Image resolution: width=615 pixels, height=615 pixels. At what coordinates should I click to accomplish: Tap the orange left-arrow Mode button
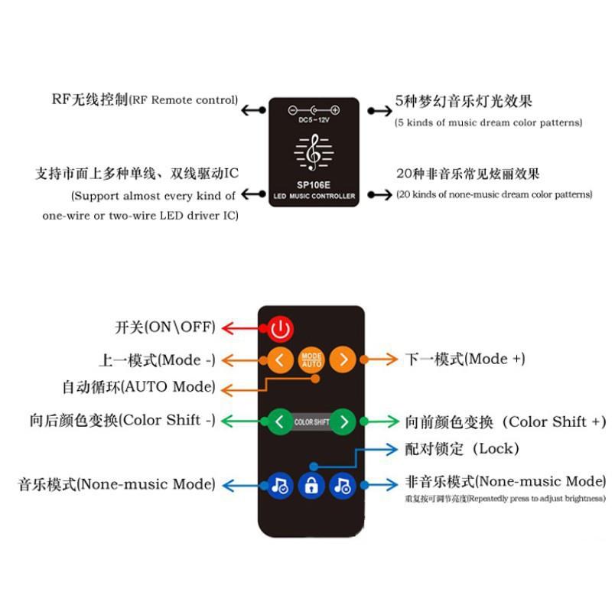281,360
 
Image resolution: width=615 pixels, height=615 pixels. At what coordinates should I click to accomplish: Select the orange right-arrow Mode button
343,360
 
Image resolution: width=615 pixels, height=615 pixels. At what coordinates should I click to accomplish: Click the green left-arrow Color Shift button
279,421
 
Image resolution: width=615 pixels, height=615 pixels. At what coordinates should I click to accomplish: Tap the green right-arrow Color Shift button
344,421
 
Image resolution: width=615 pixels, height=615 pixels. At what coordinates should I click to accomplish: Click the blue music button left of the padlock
281,485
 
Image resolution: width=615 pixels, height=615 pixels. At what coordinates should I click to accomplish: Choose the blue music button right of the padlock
342,485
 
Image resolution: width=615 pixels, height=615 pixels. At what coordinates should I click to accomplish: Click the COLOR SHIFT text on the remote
311,422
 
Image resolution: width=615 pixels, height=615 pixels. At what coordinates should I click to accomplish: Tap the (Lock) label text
496,449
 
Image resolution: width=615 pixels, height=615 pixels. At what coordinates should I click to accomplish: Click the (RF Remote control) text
184,100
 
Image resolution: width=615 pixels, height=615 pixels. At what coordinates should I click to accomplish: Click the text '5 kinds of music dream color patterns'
489,122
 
